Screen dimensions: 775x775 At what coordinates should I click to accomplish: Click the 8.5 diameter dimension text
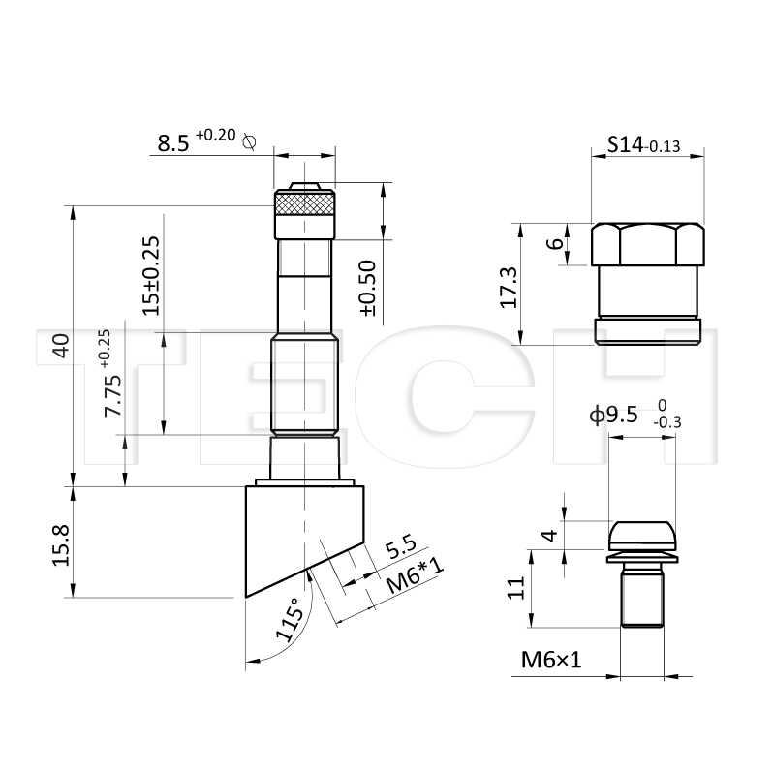pos(173,142)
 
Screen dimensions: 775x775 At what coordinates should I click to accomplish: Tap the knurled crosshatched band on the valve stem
pos(304,203)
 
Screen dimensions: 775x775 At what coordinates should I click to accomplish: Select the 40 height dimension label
pos(62,346)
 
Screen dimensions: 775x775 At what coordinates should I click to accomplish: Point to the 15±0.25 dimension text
pos(151,276)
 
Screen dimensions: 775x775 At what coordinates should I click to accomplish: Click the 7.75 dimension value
pos(112,395)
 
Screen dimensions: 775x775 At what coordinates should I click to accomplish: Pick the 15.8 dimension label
pos(61,545)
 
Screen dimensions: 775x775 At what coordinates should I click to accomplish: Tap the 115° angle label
pos(289,619)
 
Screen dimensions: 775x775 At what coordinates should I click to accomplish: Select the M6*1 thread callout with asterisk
pos(416,575)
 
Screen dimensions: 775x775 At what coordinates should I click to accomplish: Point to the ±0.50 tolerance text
pos(368,288)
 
